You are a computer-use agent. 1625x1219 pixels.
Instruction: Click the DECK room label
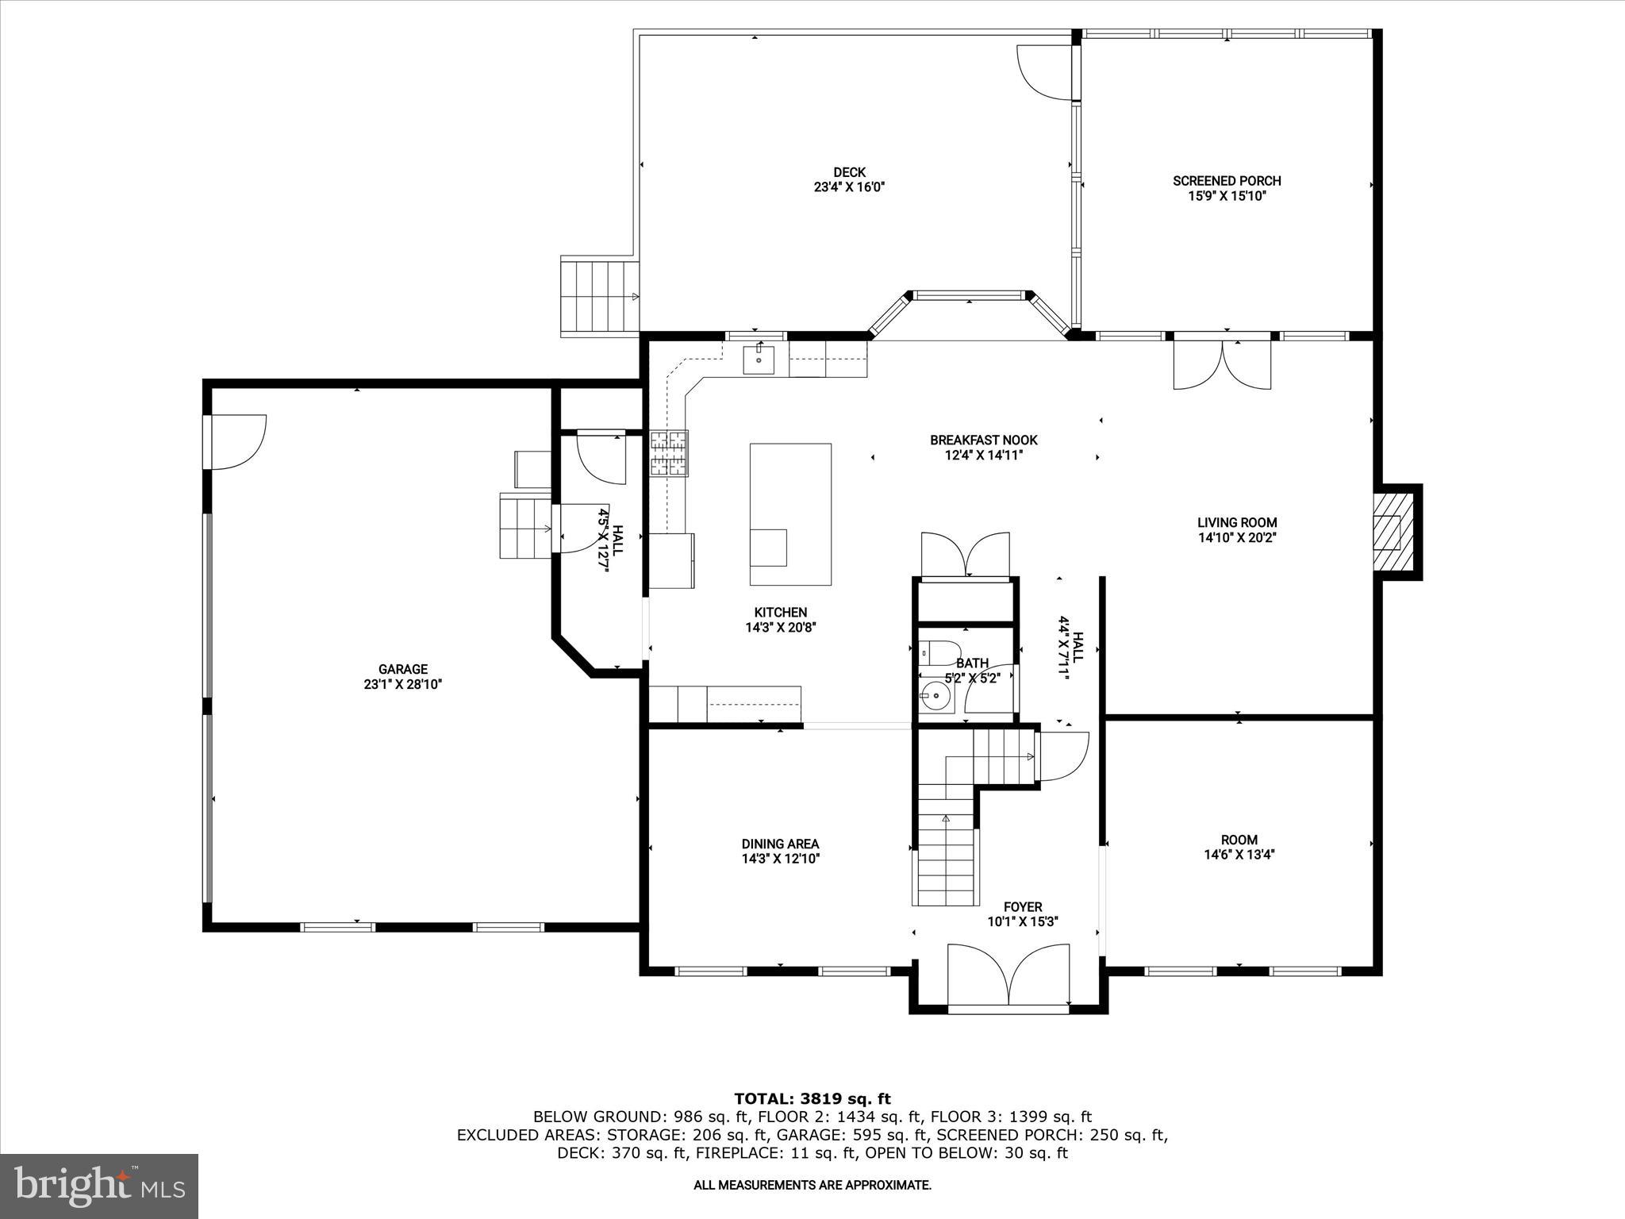coord(849,172)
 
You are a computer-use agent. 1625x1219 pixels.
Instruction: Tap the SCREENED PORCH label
coord(1227,181)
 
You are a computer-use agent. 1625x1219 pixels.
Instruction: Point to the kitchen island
coord(790,514)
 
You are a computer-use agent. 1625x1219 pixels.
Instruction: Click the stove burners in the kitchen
coord(669,454)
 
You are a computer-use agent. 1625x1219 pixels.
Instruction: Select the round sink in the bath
coord(936,698)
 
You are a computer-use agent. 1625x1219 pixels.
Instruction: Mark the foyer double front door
coord(1008,976)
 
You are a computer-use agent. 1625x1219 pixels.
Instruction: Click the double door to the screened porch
coord(1222,365)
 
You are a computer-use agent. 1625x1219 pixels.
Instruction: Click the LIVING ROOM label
coord(1237,522)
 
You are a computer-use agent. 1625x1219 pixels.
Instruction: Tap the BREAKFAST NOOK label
coord(983,440)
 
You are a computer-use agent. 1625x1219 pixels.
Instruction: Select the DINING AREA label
coord(780,844)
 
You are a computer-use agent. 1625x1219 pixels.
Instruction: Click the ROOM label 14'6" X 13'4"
coord(1239,840)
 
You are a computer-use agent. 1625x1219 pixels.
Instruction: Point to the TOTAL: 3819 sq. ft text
coord(812,1098)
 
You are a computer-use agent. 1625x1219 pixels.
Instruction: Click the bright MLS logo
coord(99,1186)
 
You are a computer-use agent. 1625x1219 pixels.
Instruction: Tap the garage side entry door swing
coord(236,441)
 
